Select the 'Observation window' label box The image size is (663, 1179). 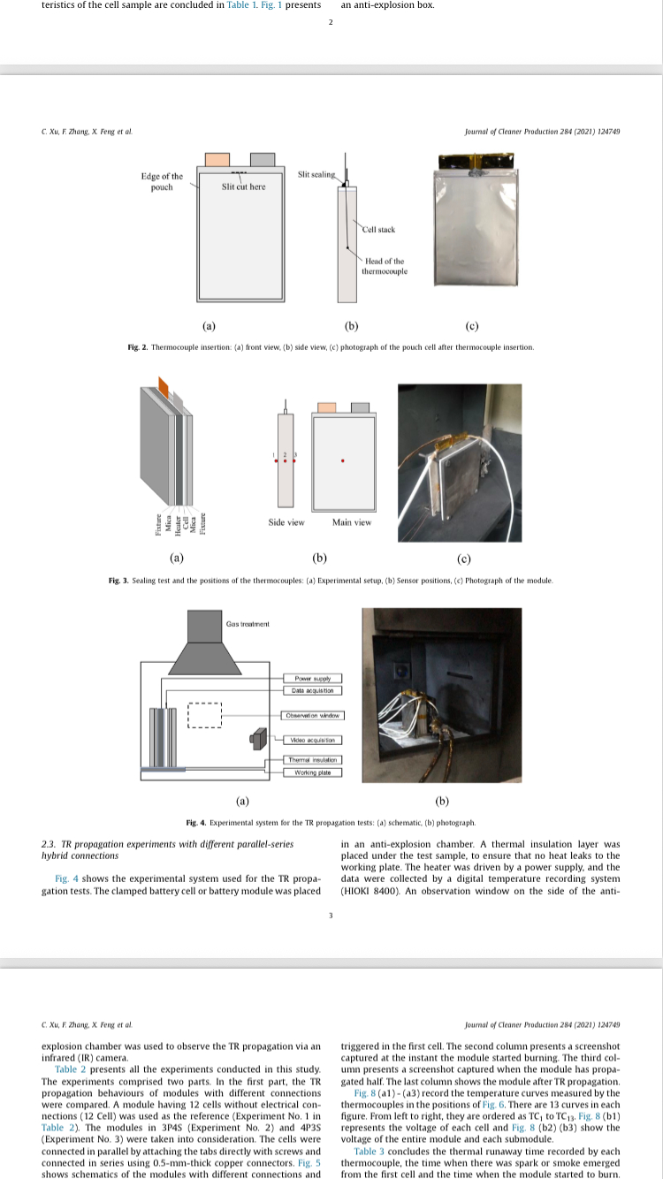pos(312,715)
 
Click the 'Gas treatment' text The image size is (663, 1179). pos(247,624)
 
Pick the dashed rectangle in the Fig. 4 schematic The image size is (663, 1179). pos(204,714)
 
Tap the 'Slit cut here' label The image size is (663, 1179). pos(243,186)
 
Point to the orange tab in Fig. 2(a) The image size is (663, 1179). pos(217,159)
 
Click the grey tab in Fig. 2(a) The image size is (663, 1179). pos(263,159)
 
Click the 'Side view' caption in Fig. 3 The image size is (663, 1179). pos(286,522)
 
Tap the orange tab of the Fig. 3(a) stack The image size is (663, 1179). pos(164,386)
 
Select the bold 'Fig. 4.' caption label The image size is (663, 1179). pos(195,823)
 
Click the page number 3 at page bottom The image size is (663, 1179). pos(331,915)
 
